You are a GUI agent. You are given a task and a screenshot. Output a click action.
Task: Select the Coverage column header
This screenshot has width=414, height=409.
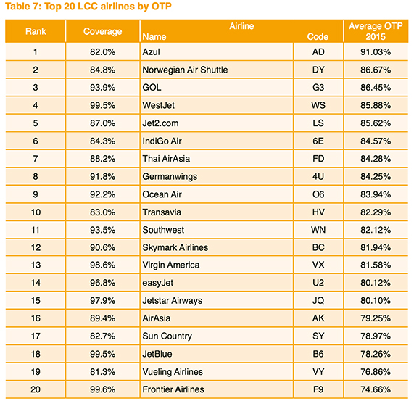point(102,32)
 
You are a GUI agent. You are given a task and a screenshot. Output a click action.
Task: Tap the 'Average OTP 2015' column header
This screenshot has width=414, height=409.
point(376,31)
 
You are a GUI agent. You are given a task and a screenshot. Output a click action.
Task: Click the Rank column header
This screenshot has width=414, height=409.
point(36,32)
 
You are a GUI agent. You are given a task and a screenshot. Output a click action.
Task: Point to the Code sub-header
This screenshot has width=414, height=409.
point(318,36)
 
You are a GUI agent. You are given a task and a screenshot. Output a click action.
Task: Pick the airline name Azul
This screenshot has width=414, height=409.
point(151,52)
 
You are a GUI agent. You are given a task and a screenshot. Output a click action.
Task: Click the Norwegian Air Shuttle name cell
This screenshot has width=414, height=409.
point(185,70)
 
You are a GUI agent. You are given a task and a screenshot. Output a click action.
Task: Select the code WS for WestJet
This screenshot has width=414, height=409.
point(318,106)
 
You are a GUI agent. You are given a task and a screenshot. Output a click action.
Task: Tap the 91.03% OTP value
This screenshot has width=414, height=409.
point(376,52)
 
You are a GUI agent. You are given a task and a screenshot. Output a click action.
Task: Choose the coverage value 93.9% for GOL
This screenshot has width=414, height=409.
point(102,88)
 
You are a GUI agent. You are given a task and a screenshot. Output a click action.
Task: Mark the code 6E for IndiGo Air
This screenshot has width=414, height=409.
point(318,141)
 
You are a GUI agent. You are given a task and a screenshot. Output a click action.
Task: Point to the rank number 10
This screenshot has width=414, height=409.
point(36,212)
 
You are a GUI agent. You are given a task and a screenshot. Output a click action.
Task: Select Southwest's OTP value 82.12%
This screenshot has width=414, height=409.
point(376,230)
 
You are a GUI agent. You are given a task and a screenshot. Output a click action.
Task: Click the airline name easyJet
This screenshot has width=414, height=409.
point(159,283)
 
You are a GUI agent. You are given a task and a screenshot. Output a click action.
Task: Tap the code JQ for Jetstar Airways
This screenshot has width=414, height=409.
point(318,301)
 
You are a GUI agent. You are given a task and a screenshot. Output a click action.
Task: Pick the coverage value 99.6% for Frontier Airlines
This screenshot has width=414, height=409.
point(102,389)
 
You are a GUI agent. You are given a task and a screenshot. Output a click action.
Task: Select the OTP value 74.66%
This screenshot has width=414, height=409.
point(376,389)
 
